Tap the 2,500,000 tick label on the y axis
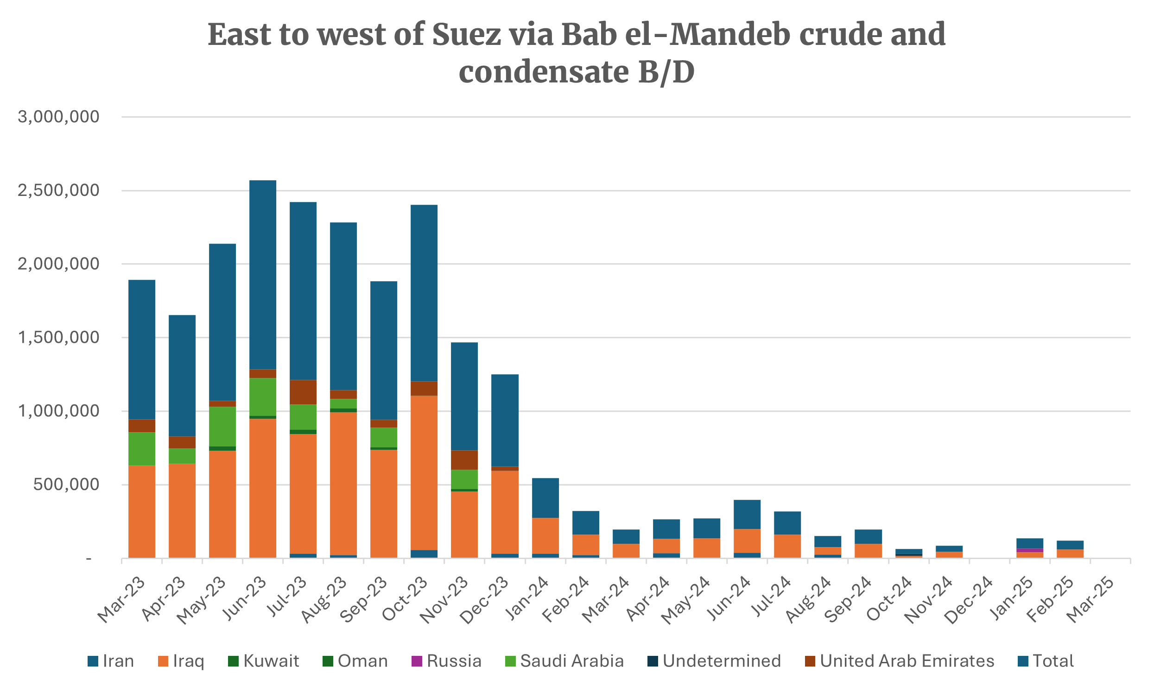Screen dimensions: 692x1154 (59, 190)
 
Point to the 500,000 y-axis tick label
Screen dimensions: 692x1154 (66, 484)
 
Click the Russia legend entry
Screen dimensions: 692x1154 (454, 661)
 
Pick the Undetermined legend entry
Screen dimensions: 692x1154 (721, 661)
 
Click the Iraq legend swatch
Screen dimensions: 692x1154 (163, 661)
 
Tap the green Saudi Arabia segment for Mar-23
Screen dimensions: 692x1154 (142, 448)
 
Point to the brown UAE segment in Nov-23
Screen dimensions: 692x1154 (464, 460)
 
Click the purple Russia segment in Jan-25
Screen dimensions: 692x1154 (1029, 550)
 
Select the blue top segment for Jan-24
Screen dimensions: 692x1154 (545, 497)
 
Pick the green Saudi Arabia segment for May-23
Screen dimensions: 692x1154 (222, 426)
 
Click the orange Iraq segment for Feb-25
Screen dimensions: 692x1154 (1070, 554)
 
